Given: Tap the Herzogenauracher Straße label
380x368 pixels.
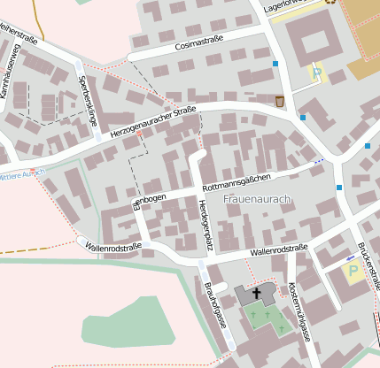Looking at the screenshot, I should click(x=153, y=121).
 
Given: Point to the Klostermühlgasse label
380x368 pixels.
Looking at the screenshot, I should click(x=299, y=312).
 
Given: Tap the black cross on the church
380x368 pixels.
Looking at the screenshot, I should click(x=258, y=292).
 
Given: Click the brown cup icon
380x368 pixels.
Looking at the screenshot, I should click(x=281, y=101).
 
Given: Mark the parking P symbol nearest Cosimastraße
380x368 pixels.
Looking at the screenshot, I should click(x=315, y=73).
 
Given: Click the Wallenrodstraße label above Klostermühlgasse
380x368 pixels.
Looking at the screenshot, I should click(x=278, y=250).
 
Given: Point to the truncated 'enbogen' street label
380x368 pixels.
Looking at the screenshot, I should click(x=149, y=199).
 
